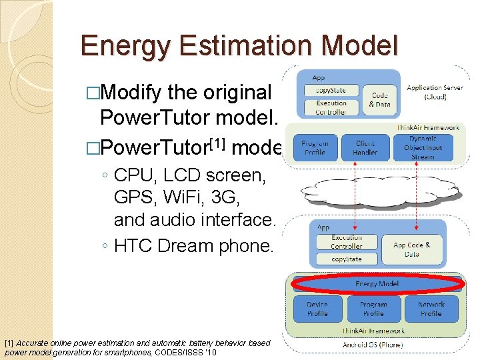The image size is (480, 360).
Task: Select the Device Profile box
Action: pos(317,309)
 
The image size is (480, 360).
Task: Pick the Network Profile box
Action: pos(431,309)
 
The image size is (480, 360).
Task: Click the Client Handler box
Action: pos(365,147)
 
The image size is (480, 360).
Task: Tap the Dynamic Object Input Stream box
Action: pos(423,147)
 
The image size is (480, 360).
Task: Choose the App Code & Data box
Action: pos(411,249)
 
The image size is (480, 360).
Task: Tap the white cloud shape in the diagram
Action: pos(373,192)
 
